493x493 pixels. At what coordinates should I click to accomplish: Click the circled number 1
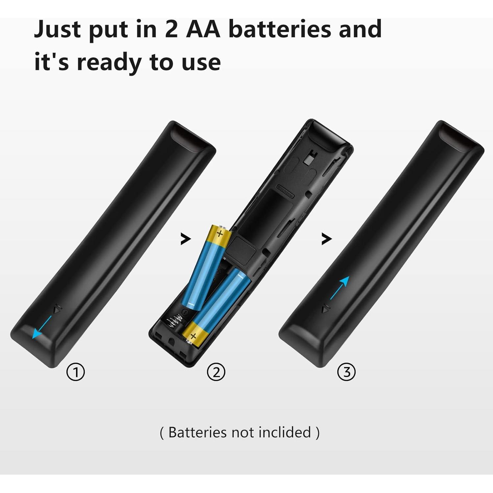(x=76, y=372)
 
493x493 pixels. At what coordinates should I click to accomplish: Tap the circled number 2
(x=216, y=372)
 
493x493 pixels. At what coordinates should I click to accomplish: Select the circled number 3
(x=347, y=372)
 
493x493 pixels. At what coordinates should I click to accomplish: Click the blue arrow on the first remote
(x=42, y=327)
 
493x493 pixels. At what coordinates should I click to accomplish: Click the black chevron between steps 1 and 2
(x=186, y=239)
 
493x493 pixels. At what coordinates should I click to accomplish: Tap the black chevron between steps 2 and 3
(x=326, y=239)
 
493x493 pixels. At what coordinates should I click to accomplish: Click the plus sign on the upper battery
(x=220, y=234)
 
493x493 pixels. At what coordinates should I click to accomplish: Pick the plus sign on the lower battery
(x=193, y=336)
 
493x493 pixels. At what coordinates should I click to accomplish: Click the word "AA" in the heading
(x=203, y=29)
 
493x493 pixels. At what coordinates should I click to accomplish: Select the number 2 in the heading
(x=171, y=29)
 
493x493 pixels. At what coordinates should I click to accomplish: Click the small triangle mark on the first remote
(x=58, y=309)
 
